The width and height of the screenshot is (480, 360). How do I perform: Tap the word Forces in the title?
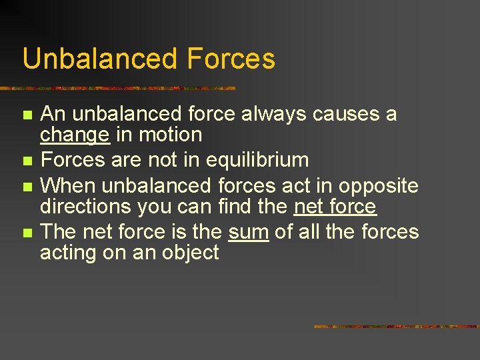(231, 59)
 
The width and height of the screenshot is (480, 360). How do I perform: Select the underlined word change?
(74, 135)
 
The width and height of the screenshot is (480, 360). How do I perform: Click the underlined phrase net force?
(335, 207)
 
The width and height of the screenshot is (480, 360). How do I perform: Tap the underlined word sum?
(248, 232)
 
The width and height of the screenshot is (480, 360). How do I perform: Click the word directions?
(86, 207)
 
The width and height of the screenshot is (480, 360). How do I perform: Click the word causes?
(345, 114)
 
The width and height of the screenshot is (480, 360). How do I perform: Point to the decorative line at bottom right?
(396, 327)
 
